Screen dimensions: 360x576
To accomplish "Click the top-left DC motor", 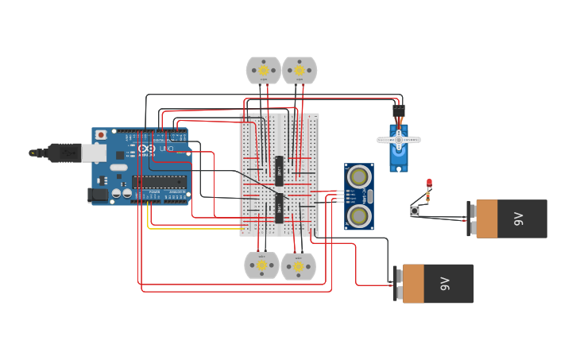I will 263,70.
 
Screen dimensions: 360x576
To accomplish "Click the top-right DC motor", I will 300,70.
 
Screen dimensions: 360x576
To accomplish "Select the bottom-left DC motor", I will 261,265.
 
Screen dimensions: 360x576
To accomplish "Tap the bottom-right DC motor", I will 299,266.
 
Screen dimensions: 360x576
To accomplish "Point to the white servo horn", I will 399,140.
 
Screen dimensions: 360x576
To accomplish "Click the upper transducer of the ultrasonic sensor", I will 359,175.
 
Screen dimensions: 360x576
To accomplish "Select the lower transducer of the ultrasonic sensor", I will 359,215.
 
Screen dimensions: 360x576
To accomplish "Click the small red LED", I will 429,182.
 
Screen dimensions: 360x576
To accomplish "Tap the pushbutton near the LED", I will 415,211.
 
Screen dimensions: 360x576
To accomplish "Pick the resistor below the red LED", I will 429,195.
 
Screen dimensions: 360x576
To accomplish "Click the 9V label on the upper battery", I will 519,219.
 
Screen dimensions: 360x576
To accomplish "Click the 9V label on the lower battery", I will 445,284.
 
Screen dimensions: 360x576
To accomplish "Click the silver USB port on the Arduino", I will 95,153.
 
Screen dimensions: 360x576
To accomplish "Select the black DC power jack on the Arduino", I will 99,194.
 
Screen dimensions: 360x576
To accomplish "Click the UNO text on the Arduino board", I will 167,149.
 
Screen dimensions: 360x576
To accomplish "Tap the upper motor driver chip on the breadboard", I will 279,168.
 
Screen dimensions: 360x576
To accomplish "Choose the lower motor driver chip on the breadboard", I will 279,208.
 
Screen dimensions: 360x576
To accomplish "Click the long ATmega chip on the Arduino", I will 160,182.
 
